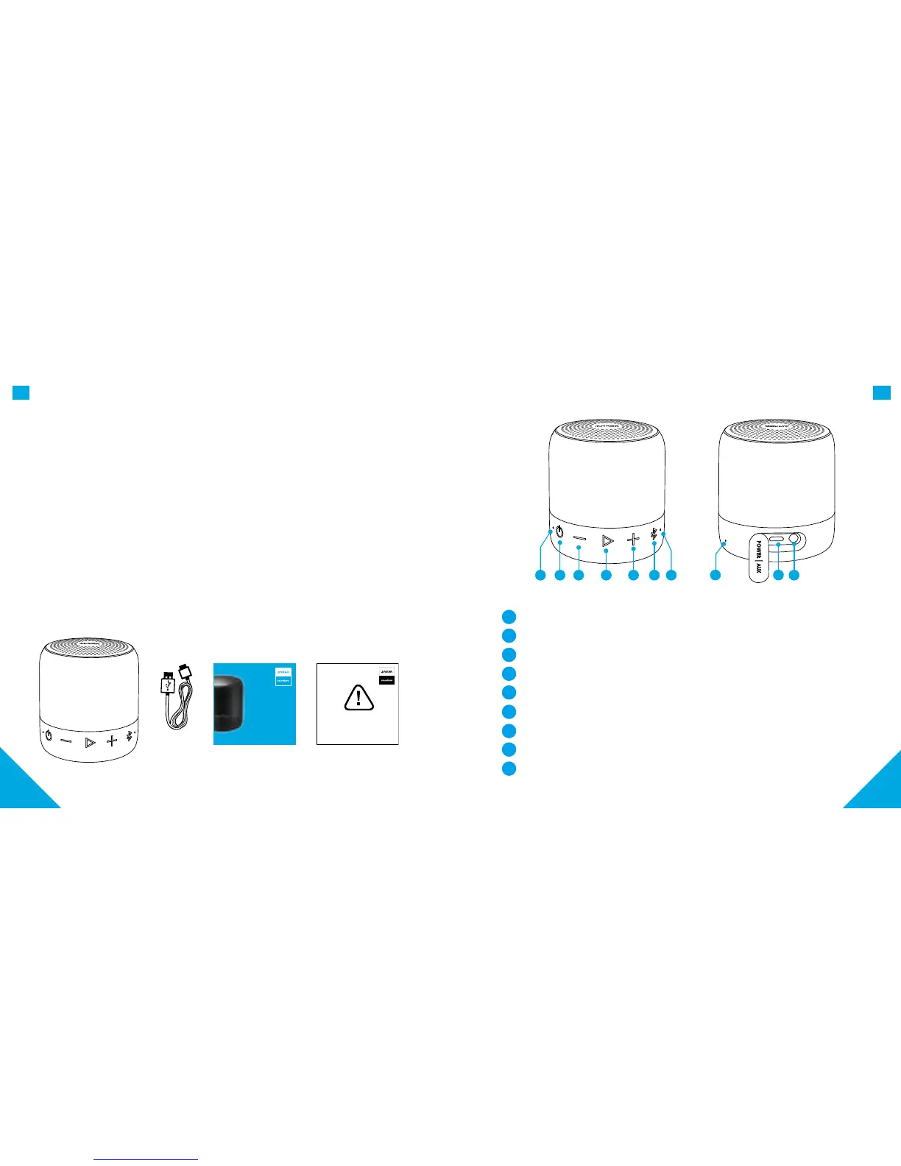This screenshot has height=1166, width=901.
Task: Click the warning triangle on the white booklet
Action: click(x=358, y=698)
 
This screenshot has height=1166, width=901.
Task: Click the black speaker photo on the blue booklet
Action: click(x=233, y=704)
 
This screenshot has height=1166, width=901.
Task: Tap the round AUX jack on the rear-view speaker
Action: click(x=795, y=540)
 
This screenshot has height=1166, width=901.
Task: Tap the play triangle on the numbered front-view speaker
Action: click(x=607, y=541)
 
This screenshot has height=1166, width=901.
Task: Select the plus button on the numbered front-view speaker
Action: click(x=633, y=540)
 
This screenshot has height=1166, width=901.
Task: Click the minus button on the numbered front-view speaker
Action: click(x=579, y=540)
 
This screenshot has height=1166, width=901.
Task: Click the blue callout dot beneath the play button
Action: click(x=606, y=575)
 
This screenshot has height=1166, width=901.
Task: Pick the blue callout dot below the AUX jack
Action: click(x=794, y=575)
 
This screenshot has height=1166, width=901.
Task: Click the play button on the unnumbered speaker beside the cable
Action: click(x=90, y=742)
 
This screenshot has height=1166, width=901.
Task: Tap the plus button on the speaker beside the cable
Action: click(x=111, y=740)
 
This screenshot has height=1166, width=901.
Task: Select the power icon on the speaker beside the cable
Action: click(x=49, y=735)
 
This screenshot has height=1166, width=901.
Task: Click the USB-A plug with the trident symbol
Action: click(x=167, y=684)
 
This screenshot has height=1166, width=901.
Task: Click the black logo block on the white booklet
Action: click(x=386, y=680)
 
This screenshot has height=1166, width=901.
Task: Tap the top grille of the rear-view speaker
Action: click(x=777, y=432)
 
